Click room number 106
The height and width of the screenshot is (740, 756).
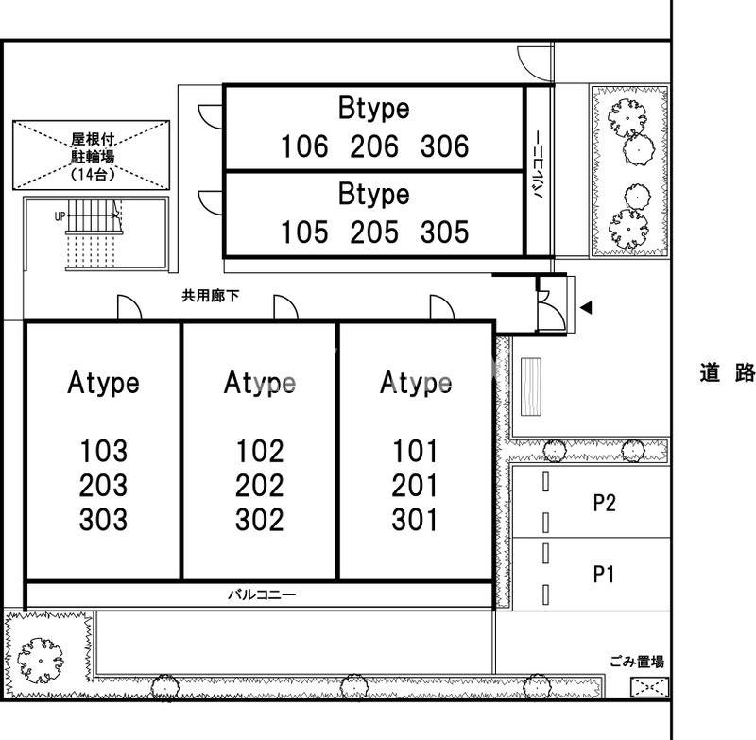(x=304, y=146)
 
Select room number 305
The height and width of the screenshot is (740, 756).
(x=444, y=232)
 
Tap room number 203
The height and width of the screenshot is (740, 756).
(x=103, y=486)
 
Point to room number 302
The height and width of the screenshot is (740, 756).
(x=259, y=520)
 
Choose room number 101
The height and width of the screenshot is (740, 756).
(x=415, y=451)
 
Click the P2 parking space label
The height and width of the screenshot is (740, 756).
(x=604, y=503)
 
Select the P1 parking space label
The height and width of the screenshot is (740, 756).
(x=603, y=575)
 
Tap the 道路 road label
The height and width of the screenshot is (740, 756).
(x=727, y=372)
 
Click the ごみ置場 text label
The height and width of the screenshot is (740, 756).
(x=637, y=662)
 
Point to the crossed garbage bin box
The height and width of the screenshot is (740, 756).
(x=650, y=687)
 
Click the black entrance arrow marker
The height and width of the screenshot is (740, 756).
(x=586, y=307)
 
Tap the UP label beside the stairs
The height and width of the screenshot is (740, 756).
(x=60, y=216)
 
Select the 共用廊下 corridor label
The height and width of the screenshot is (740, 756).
(x=210, y=296)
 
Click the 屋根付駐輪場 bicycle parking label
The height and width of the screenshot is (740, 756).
(x=93, y=156)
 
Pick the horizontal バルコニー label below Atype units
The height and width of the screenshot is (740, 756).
(x=262, y=594)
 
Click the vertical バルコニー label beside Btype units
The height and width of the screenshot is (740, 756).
(x=538, y=164)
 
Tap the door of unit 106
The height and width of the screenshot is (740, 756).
(x=210, y=116)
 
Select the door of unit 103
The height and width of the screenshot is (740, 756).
(x=129, y=307)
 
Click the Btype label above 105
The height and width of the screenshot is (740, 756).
(x=373, y=194)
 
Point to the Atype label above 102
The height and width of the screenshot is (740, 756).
(x=259, y=384)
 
